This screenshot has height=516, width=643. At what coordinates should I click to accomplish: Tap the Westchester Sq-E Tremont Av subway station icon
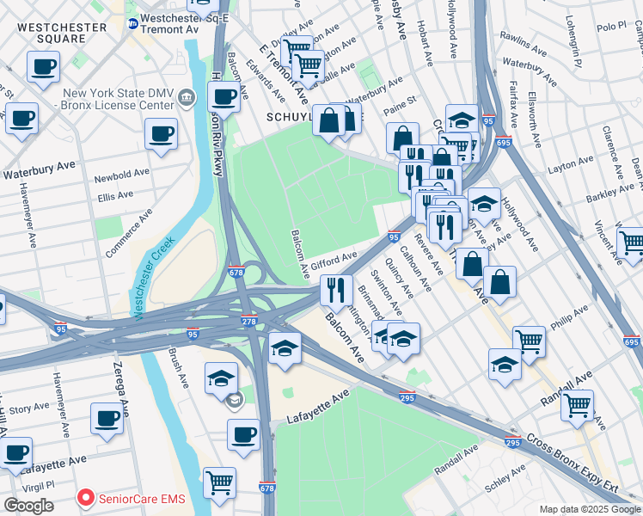132,24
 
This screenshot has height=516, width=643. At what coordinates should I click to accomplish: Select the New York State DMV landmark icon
187,100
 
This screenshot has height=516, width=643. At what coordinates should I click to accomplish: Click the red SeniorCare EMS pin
86,498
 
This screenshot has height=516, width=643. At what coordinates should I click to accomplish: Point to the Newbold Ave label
115,177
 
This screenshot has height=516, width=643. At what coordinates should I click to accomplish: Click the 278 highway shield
248,321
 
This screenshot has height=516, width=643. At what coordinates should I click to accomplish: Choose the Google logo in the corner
28,506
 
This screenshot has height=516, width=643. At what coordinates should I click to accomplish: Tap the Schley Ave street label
505,479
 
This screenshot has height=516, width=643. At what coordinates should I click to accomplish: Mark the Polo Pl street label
611,28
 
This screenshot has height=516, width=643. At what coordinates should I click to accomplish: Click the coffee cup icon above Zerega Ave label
107,419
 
